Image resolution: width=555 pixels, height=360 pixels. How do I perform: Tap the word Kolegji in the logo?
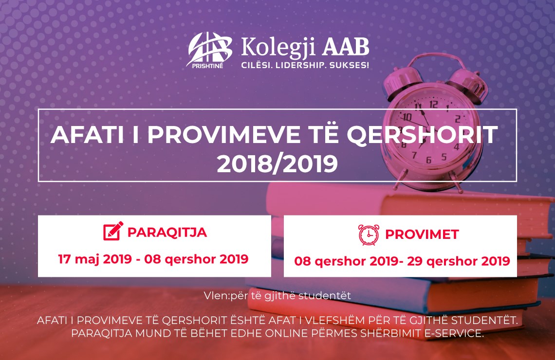tap(278, 47)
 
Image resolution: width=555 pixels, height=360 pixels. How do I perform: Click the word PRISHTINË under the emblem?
tap(207, 65)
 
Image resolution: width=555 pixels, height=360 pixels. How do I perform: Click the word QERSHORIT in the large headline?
tap(422, 134)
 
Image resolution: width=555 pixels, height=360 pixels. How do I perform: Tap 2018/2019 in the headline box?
tap(277, 164)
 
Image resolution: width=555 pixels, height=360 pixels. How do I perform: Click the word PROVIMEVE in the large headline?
tap(223, 134)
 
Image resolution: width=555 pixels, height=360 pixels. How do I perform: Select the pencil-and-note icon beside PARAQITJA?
tap(113, 231)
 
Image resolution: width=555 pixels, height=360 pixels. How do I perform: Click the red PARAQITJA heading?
tap(167, 233)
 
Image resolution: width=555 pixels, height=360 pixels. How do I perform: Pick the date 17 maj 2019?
tap(95, 259)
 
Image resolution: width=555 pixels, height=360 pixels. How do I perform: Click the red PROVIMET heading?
tap(422, 234)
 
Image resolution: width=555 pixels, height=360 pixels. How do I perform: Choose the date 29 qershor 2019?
tap(459, 261)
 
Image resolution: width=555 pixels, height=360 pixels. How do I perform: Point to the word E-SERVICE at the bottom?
tap(454, 333)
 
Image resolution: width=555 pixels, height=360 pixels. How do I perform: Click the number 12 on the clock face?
tap(434, 104)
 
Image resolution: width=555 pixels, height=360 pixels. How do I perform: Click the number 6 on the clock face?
tap(428, 160)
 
